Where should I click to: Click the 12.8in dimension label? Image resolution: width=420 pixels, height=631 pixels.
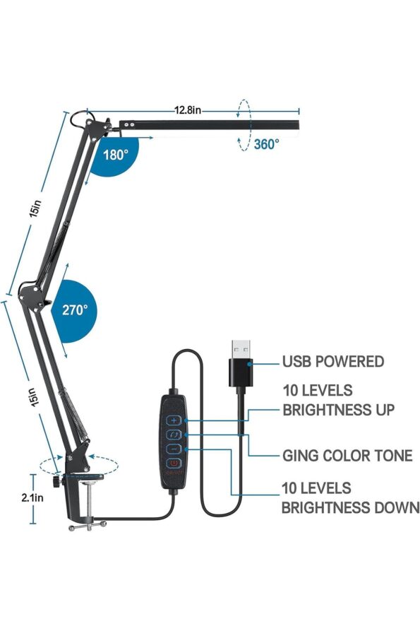187,110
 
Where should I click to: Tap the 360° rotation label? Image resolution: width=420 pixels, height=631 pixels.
266,143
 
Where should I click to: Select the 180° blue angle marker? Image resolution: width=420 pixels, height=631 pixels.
115,155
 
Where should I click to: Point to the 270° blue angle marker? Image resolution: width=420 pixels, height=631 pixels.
74,311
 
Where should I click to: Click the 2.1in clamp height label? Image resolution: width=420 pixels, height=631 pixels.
32,497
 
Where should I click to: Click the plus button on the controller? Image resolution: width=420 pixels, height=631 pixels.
174,420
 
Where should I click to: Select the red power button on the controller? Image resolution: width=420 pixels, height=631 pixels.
174,464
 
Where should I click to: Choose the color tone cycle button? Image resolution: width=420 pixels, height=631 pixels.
174,435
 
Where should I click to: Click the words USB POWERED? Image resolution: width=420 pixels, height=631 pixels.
333,361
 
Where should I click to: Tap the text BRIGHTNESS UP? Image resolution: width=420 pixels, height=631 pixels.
338,410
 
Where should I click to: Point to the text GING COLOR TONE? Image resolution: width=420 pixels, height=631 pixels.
348,456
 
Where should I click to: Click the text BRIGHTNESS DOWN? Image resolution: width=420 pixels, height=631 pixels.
350,507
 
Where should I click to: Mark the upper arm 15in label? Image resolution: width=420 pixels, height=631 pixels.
35,208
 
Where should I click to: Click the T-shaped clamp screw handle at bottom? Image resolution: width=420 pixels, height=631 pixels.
88,526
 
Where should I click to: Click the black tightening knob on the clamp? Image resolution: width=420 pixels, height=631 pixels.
56,481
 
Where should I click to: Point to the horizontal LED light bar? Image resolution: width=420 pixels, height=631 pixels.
210,125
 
